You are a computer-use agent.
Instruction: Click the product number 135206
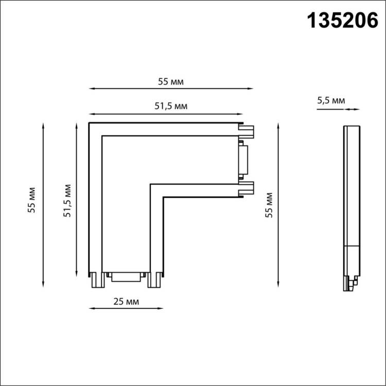[342, 21]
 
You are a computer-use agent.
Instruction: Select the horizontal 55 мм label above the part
[171, 82]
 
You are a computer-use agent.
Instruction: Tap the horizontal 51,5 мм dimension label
[171, 106]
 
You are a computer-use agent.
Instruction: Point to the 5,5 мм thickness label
[331, 100]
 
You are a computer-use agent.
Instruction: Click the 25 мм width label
[126, 301]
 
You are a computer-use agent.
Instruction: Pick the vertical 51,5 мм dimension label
[67, 201]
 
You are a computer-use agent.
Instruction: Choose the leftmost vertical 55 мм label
[31, 200]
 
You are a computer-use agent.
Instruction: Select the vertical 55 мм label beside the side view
[269, 205]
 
